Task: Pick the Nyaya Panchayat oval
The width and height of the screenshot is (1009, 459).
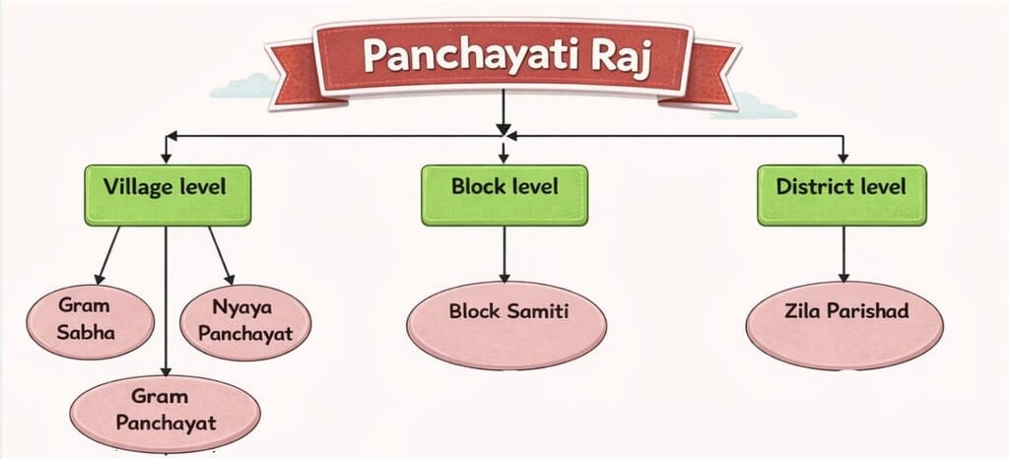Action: [x=245, y=321]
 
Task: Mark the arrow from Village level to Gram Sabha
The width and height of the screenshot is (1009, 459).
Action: [x=107, y=254]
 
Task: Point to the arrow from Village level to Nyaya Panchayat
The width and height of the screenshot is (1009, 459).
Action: [x=220, y=253]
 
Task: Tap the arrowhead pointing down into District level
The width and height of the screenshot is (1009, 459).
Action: [x=842, y=155]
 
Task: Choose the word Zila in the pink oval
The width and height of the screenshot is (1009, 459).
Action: [x=804, y=311]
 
